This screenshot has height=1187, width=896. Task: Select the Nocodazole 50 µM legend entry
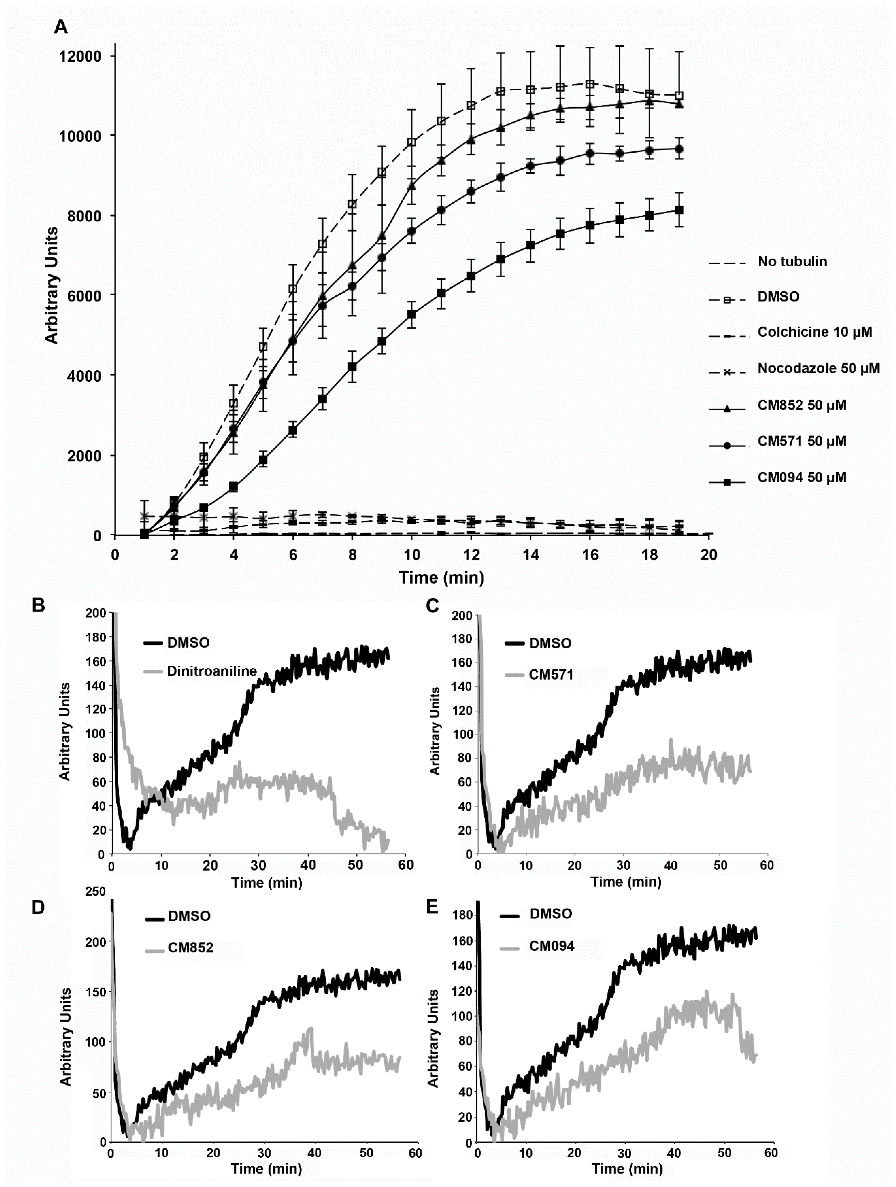pyautogui.click(x=818, y=368)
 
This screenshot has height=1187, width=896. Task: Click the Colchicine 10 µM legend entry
pyautogui.click(x=814, y=332)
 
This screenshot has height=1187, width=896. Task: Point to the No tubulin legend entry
pyautogui.click(x=792, y=261)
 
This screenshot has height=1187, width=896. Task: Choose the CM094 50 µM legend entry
pyautogui.click(x=801, y=477)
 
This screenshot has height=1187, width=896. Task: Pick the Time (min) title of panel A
pyautogui.click(x=441, y=577)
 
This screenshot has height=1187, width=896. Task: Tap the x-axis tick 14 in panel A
pyautogui.click(x=531, y=554)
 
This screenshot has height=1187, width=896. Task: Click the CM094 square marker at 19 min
pyautogui.click(x=679, y=210)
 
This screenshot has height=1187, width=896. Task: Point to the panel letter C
pyautogui.click(x=432, y=605)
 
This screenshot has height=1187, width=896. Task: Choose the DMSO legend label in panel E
pyautogui.click(x=551, y=913)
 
